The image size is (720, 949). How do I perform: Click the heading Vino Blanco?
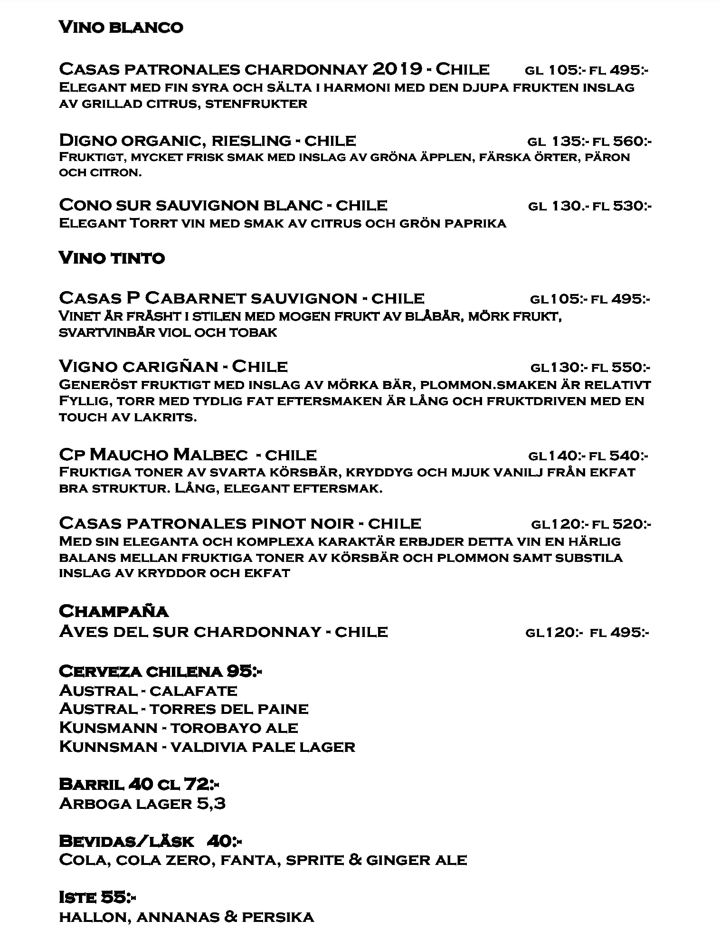tap(121, 28)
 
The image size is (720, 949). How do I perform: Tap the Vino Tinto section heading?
tap(112, 258)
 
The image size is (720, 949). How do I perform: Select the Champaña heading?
tap(114, 611)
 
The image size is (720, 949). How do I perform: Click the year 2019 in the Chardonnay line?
tap(398, 70)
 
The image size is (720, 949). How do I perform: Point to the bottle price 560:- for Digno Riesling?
tap(632, 141)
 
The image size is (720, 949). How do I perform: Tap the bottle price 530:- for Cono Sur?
tap(632, 206)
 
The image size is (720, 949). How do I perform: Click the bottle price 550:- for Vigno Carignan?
tap(631, 367)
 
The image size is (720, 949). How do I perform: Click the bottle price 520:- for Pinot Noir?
tap(632, 524)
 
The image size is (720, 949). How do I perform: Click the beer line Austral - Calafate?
tap(148, 690)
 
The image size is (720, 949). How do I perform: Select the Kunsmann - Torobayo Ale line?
tap(179, 728)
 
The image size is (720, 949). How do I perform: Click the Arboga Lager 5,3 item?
tap(142, 804)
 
